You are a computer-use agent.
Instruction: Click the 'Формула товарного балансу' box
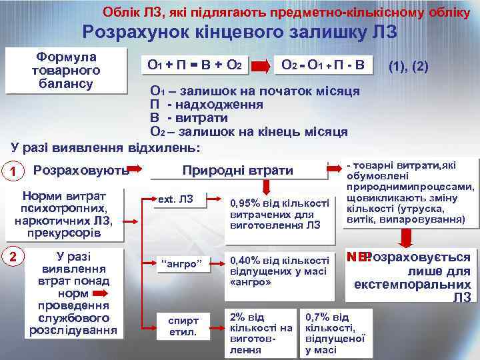[x=66, y=70]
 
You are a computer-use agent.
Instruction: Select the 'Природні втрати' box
[x=237, y=171]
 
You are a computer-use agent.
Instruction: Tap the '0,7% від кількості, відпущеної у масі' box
[x=335, y=332]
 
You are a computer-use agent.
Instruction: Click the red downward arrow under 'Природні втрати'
[x=267, y=187]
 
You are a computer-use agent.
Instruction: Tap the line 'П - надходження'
[x=207, y=105]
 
